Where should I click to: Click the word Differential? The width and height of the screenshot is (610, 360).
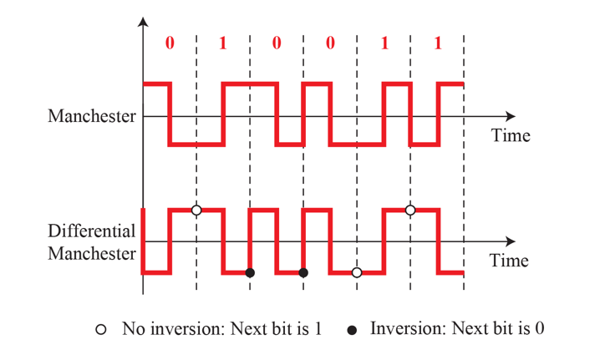(91, 231)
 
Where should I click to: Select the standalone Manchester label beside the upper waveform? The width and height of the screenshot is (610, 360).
(91, 116)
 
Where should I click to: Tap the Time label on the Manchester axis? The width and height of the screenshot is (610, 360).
(510, 134)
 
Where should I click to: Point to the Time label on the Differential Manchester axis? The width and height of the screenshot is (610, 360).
(509, 261)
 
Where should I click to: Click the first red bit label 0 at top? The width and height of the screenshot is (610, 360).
(170, 43)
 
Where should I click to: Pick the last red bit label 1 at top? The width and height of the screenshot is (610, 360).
(438, 43)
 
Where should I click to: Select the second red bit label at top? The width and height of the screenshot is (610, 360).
(223, 43)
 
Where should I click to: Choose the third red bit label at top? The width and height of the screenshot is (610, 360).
(277, 43)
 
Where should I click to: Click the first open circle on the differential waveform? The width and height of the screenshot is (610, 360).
(196, 210)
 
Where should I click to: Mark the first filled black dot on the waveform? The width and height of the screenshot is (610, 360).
(250, 273)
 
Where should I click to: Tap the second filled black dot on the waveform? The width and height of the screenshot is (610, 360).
(303, 273)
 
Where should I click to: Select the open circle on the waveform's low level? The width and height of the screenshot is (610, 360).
(357, 273)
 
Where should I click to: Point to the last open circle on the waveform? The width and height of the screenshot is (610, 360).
(410, 210)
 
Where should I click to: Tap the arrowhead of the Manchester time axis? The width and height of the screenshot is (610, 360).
(511, 116)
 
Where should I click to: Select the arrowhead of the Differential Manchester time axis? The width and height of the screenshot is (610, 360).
(511, 242)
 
